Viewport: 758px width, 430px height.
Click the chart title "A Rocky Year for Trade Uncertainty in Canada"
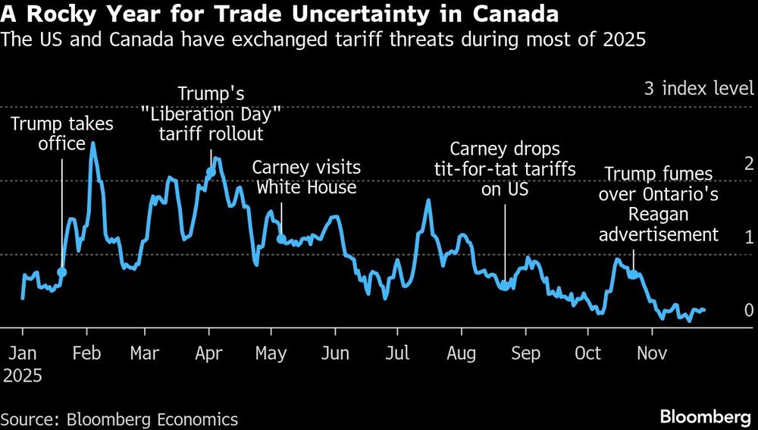coord(280,14)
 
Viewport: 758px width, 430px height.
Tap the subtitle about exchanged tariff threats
coord(324,40)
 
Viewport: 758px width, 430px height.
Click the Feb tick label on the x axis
coord(86,353)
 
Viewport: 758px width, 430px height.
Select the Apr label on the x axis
coord(208,353)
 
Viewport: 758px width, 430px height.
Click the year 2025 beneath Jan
coord(22,375)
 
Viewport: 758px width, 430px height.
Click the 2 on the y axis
coord(749,163)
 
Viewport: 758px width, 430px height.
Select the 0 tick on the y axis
coord(749,310)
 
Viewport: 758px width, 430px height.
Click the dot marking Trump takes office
coord(62,271)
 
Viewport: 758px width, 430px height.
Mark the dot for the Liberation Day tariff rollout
coord(211,172)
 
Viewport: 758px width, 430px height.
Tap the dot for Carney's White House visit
coord(281,239)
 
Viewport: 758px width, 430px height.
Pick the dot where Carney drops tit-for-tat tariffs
coord(505,286)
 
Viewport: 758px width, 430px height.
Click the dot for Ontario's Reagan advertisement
coord(631,274)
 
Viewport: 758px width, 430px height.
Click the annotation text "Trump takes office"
coord(62,134)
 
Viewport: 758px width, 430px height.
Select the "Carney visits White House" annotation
coord(306,177)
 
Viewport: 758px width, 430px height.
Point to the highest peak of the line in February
coord(92,143)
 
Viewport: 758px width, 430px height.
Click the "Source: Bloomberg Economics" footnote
coord(119,419)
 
